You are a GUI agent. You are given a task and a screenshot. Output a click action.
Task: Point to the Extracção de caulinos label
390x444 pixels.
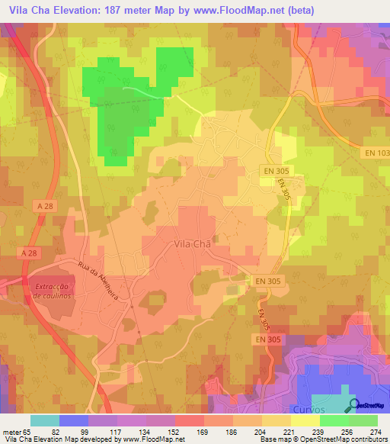pos(53,291)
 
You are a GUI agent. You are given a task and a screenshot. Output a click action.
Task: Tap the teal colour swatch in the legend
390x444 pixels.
pos(45,420)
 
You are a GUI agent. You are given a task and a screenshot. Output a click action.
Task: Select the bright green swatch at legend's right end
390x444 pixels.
pos(363,420)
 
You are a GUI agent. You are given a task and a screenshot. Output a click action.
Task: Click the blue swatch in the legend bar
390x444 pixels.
pos(73,420)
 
